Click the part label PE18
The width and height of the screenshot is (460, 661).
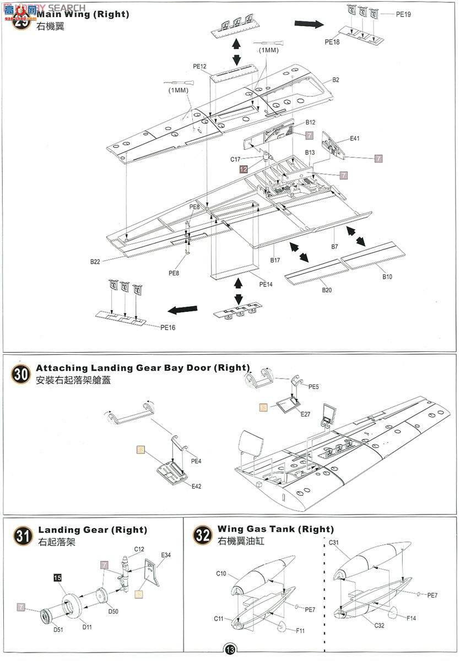pos(332,41)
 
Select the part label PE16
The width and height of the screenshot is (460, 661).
pos(168,327)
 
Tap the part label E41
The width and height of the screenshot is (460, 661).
pos(355,139)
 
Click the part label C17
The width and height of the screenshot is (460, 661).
pos(236,160)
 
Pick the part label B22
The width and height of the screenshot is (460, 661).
pos(95,262)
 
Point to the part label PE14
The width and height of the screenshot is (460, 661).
pos(266,284)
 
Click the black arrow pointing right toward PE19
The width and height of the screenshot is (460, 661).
pos(309,24)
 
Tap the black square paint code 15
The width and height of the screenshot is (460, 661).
pos(57,577)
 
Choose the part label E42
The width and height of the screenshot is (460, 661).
pos(197,486)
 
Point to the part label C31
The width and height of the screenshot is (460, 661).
pos(334,543)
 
